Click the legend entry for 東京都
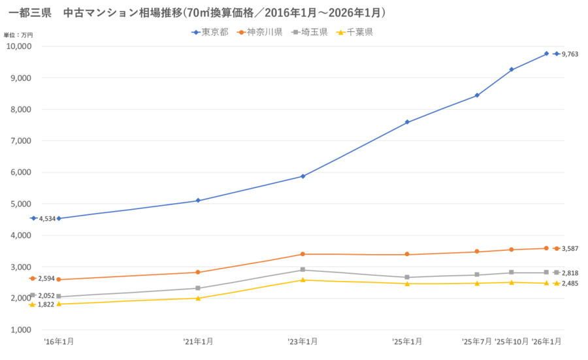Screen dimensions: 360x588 point(210,32)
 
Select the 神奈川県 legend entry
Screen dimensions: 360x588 point(261,32)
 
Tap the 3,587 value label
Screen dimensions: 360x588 point(570,248)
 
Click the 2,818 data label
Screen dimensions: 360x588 point(570,273)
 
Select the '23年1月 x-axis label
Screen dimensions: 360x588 point(303,342)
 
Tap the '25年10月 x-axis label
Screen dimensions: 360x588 point(512,342)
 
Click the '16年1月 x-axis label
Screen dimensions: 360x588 point(59,342)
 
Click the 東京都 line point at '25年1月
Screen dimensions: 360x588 point(407,122)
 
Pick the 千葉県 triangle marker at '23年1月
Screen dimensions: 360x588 point(303,280)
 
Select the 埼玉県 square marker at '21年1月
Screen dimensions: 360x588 point(198,288)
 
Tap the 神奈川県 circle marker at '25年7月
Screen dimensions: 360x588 point(477,252)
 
